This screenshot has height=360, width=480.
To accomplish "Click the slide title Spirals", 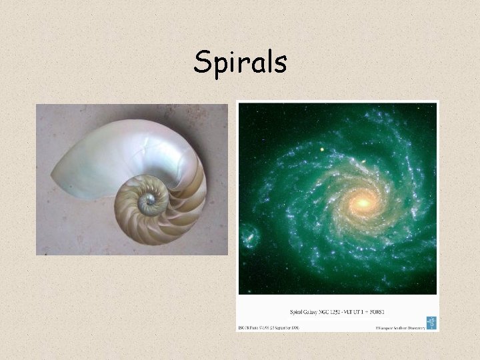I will (x=240, y=63).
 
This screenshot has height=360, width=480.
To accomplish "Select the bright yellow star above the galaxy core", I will (x=322, y=149).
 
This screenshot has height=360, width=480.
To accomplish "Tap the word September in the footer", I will (x=299, y=327).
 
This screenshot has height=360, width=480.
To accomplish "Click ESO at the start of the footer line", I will (x=243, y=327).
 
